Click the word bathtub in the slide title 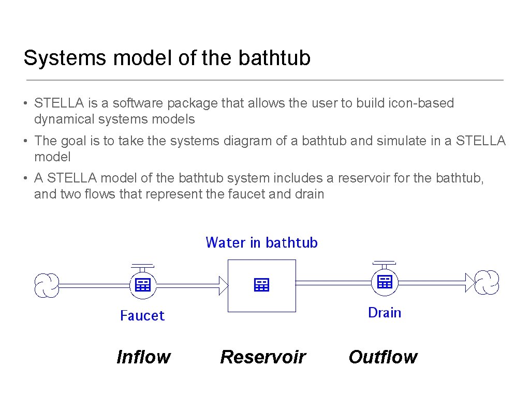click(x=274, y=58)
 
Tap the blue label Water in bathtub click(x=261, y=242)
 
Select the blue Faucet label click(x=142, y=315)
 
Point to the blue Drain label click(x=385, y=312)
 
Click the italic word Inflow click(x=143, y=357)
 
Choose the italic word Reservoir click(x=263, y=357)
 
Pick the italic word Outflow click(x=383, y=357)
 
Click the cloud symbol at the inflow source click(x=47, y=285)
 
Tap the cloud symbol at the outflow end click(x=487, y=282)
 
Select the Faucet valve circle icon click(x=142, y=284)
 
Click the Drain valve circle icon click(x=385, y=282)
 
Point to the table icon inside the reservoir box click(x=262, y=284)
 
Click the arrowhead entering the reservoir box click(x=223, y=285)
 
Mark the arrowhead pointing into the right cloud click(x=469, y=282)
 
